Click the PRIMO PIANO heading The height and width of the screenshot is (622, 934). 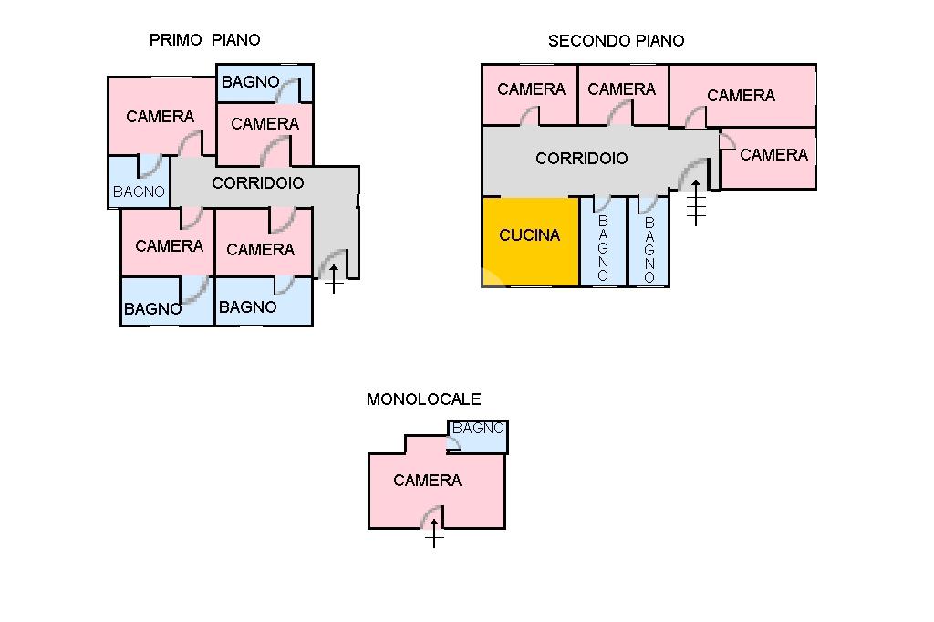(x=204, y=40)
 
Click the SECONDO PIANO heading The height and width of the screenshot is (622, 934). (x=616, y=41)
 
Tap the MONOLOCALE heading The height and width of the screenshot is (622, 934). (x=423, y=399)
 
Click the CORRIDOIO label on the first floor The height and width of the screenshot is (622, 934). (x=258, y=183)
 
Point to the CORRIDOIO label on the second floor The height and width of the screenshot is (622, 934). (x=582, y=159)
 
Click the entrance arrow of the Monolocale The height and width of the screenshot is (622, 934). (x=434, y=536)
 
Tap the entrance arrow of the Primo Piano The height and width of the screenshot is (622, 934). (x=334, y=278)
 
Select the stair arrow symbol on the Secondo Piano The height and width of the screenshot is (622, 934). (x=697, y=202)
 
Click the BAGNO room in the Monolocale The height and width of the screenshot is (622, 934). (x=479, y=429)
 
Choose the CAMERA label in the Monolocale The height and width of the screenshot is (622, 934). (x=427, y=481)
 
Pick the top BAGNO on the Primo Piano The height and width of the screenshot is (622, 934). (x=251, y=82)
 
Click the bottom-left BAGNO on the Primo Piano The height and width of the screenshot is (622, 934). (x=152, y=309)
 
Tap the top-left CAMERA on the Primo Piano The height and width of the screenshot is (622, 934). (x=161, y=117)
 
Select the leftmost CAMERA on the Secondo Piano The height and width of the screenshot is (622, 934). (x=531, y=89)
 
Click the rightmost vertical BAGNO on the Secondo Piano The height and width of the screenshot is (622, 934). (x=649, y=248)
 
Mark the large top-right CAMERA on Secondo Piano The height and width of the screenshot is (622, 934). (x=741, y=96)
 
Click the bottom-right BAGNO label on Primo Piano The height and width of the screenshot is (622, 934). (x=248, y=307)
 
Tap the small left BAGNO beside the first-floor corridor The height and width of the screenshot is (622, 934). (x=140, y=192)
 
